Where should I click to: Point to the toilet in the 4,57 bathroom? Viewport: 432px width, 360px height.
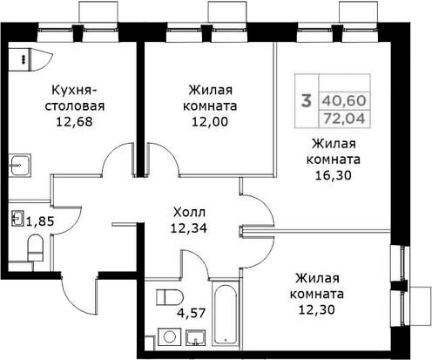tap(170, 297)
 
